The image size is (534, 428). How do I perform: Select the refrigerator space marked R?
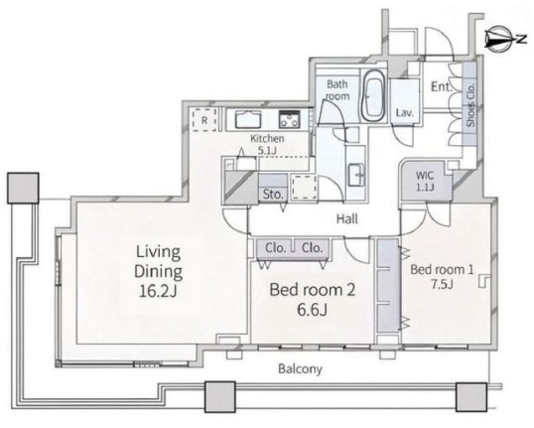204,119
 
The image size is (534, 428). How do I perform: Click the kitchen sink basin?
248,119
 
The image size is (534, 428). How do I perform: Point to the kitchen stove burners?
289,119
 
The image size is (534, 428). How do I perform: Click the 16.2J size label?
158,291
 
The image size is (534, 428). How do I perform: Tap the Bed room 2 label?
313,290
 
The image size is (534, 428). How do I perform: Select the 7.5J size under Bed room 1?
442,284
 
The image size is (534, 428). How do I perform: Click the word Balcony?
300,368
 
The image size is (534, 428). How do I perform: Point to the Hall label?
347,218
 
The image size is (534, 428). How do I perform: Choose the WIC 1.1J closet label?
425,181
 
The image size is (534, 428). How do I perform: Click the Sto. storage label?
273,195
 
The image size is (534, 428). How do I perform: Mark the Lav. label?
405,112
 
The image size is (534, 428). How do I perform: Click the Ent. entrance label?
442,87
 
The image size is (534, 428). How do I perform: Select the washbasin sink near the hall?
356,175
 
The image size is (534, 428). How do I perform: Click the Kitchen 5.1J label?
267,144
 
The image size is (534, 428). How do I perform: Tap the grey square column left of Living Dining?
23,188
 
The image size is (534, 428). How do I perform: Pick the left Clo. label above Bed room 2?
275,247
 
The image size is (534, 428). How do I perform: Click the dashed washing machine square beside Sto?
305,187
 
